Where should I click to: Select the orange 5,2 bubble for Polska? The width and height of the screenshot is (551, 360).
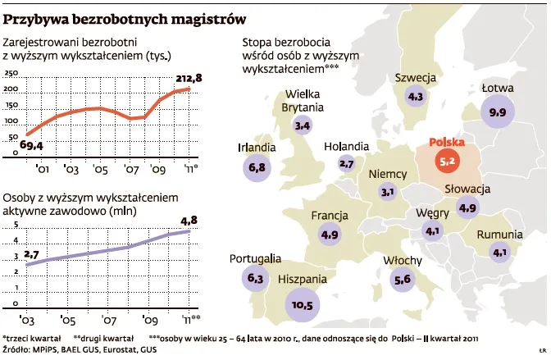pos(448,162)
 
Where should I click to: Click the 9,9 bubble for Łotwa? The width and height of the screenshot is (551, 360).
pos(497,112)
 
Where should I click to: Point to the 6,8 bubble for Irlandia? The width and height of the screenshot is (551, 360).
pos(257,167)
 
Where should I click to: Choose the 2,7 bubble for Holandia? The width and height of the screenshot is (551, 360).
pos(345,164)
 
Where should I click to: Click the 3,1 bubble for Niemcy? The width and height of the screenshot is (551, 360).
pos(388,192)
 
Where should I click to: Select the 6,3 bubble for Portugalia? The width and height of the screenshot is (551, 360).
pos(255,279)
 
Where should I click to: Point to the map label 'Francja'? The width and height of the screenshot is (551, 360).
pos(330,216)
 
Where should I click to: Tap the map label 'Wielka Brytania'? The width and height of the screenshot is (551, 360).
pos(303,101)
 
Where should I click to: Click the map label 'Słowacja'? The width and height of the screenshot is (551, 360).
pos(467,189)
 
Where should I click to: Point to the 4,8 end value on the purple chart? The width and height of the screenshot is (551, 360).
pos(189,220)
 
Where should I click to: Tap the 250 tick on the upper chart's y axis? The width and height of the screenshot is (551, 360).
pos(11,75)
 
